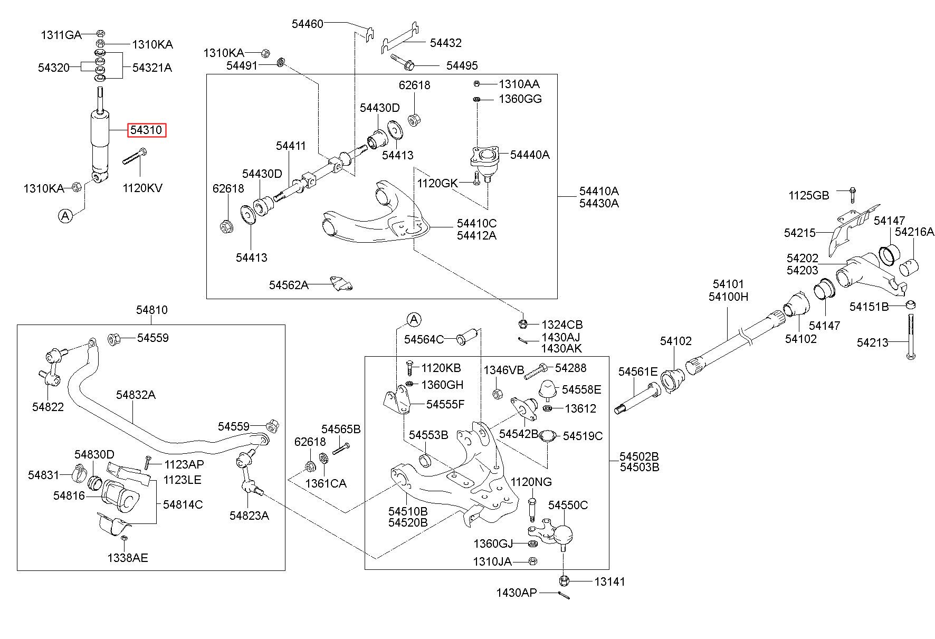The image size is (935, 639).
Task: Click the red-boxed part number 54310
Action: pos(147,129)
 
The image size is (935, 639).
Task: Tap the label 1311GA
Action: pos(61,35)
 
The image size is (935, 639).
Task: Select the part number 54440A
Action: pos(530,155)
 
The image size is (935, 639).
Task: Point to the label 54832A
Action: pos(136,395)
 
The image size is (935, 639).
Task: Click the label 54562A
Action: pos(289,285)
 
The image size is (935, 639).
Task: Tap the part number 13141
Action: pos(609,581)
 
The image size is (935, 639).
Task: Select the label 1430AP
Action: pos(516,593)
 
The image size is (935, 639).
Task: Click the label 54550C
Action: pos(568,505)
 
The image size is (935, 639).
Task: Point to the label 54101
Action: pos(728,285)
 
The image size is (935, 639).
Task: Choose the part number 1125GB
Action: pos(809,196)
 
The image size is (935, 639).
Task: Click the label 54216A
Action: pos(914,232)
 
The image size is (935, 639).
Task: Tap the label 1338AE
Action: pos(128,557)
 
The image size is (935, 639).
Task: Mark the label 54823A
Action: pos(249,516)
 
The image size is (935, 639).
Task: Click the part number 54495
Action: pos(462,65)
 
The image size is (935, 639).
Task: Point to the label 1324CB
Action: pos(562,325)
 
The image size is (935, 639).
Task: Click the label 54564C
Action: pos(424,339)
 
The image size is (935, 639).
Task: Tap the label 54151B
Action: pos(869,307)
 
